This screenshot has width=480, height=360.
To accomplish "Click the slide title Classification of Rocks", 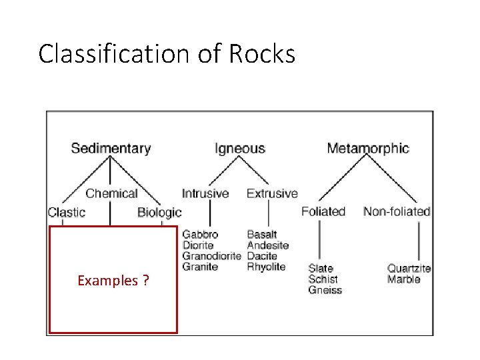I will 167,53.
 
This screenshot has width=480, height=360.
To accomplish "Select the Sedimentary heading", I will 111,148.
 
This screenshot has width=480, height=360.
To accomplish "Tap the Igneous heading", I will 239,148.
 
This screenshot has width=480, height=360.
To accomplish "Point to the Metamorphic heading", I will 368,148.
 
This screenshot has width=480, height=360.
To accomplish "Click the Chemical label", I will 111,193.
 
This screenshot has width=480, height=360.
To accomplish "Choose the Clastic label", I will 67,212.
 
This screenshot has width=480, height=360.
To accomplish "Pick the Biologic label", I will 159,212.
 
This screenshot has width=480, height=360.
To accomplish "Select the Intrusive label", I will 205,193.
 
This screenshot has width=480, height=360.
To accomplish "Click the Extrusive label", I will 272,193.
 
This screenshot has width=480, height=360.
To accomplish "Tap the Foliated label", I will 323,211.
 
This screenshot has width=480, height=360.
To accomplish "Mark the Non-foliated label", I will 397,211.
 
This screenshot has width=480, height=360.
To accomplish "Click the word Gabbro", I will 200,235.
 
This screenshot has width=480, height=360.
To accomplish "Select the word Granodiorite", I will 212,256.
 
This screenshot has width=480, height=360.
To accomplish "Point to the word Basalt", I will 262,235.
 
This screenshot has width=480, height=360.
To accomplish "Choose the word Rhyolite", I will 266,267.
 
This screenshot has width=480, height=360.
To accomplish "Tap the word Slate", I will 321,269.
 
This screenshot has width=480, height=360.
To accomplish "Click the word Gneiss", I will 325,290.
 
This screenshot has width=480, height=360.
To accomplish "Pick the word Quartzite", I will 409,269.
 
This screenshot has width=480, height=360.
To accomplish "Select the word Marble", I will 403,279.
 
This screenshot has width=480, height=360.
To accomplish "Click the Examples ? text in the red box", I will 113,281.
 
